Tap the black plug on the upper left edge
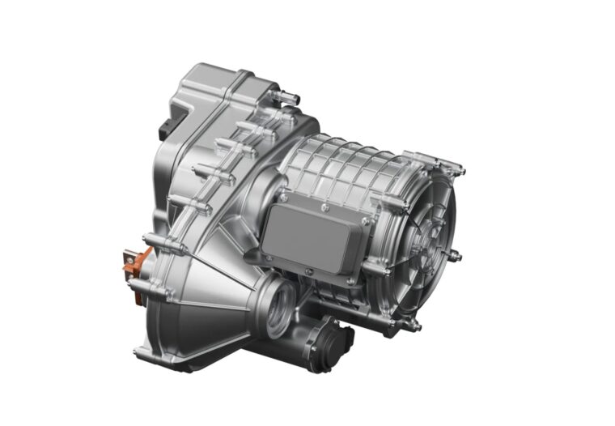[168, 126]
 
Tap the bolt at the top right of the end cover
[457, 170]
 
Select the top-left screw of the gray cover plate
[285, 197]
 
